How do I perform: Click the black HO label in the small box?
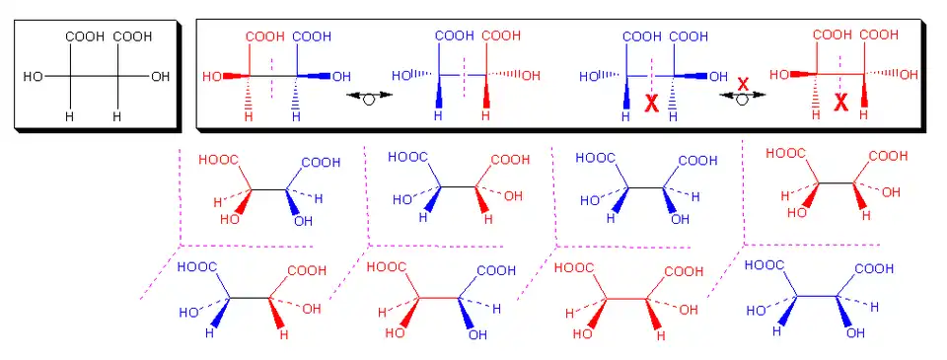click(x=33, y=77)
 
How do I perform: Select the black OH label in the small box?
click(x=161, y=77)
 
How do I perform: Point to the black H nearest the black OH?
click(x=117, y=116)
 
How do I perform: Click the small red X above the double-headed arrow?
click(x=743, y=84)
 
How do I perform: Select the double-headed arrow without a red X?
click(x=370, y=96)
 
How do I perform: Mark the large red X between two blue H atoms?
click(x=652, y=104)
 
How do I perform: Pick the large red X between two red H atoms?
click(x=840, y=103)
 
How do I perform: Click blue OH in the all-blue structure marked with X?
click(x=718, y=77)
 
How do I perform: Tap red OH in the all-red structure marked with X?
click(x=909, y=75)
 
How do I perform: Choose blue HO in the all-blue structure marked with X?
click(x=589, y=77)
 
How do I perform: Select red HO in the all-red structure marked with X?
click(x=779, y=75)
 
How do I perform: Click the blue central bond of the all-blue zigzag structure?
click(x=817, y=296)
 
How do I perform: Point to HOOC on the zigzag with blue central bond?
click(x=764, y=265)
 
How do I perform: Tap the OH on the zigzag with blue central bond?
click(x=855, y=332)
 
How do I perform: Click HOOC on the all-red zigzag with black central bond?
click(x=785, y=154)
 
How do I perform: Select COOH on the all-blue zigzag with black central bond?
click(x=698, y=161)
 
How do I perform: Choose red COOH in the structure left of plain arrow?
click(x=264, y=36)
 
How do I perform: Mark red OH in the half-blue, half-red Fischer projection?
click(x=531, y=76)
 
